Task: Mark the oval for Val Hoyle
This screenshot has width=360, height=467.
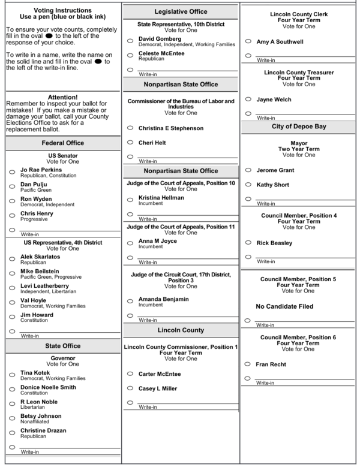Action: (12, 303)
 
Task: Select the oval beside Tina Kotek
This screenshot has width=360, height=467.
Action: (12, 375)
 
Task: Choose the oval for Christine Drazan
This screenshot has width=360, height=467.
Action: (12, 433)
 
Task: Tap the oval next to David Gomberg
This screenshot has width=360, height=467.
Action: (130, 41)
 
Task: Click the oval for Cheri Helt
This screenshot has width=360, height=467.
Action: (130, 143)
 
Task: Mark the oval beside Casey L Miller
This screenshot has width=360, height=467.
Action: (130, 388)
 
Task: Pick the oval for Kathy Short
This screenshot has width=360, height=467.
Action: (248, 185)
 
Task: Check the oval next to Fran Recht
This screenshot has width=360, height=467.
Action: (248, 364)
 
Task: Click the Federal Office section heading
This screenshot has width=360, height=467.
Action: (62, 143)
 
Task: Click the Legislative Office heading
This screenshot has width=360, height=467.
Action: (181, 11)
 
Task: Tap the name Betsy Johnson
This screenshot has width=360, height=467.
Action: (41, 416)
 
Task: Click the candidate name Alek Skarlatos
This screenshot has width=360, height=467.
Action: (40, 257)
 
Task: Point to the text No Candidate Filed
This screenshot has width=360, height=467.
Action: (284, 306)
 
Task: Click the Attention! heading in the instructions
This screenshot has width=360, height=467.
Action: (62, 97)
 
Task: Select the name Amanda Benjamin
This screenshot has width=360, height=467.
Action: (163, 299)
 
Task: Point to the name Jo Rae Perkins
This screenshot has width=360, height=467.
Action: (41, 170)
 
